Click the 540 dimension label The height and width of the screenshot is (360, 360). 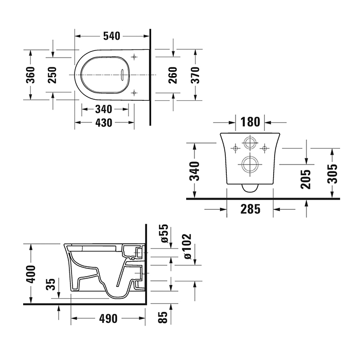[112, 36]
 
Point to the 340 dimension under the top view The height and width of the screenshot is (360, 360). [104, 109]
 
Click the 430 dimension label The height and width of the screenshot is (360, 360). [104, 123]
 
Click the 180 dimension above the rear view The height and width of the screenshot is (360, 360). [250, 122]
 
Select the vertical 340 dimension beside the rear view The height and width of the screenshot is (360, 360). [194, 171]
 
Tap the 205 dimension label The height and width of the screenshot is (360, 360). [306, 179]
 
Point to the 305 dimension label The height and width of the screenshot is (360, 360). [333, 174]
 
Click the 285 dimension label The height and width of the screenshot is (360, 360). [250, 209]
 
